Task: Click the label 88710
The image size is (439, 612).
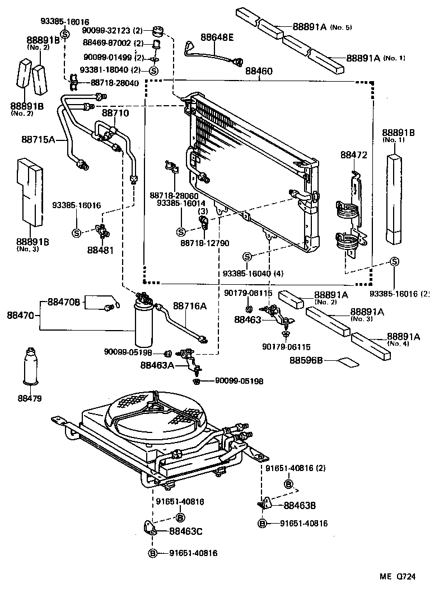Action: (x=115, y=113)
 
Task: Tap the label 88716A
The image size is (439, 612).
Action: (x=189, y=306)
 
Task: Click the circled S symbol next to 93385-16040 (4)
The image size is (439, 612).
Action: (x=247, y=256)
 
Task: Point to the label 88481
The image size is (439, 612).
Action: (x=100, y=250)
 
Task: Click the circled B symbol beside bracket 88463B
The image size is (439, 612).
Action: (x=261, y=524)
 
